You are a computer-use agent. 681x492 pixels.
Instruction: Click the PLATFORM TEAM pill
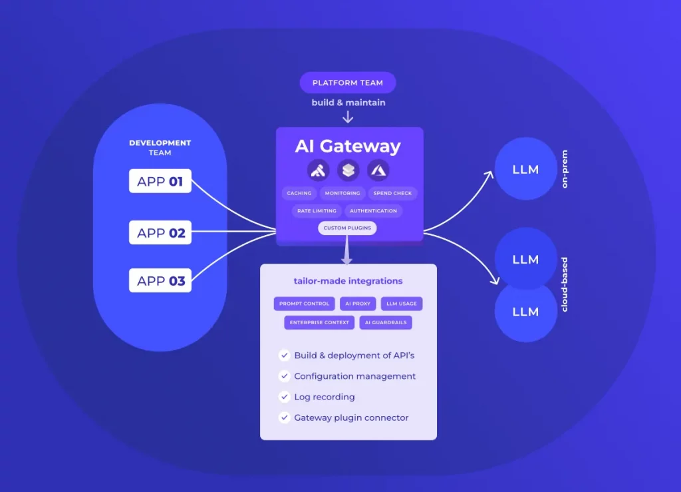(348, 83)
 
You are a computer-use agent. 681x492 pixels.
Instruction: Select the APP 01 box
(160, 181)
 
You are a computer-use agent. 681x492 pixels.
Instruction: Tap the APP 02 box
(160, 233)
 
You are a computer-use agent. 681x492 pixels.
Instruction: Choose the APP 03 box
(160, 280)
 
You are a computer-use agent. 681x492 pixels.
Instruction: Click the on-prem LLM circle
(525, 170)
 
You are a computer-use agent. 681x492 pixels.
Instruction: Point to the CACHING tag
(299, 193)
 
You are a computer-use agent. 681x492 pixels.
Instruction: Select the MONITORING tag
(342, 193)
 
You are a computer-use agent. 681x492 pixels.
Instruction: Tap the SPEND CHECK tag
(392, 193)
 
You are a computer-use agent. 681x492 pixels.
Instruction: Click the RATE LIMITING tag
(317, 211)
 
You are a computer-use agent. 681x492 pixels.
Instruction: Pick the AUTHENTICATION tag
(373, 211)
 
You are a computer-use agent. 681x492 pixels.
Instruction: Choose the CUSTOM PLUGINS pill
(347, 228)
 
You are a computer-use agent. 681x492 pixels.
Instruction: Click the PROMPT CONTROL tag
(304, 304)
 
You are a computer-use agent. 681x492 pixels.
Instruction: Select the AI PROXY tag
(358, 304)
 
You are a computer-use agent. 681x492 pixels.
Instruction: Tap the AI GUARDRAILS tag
(386, 323)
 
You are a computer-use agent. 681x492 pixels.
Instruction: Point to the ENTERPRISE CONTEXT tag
(319, 323)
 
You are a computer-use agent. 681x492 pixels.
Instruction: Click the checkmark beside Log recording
(284, 397)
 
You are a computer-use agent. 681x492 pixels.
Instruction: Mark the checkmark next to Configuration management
(284, 377)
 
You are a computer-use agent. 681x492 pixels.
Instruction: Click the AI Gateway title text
(348, 146)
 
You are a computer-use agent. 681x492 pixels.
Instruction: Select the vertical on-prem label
(565, 169)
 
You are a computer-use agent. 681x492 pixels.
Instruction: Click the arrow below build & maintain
(348, 117)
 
